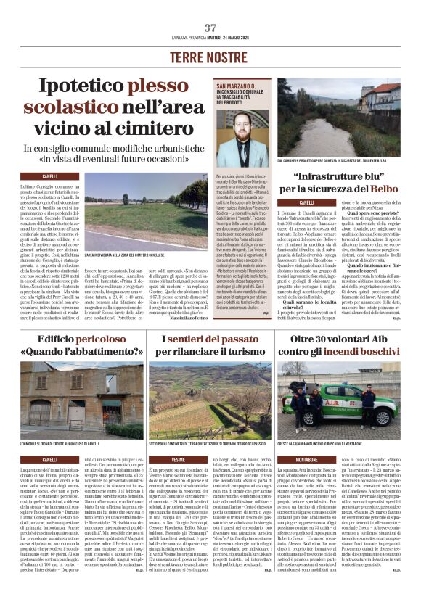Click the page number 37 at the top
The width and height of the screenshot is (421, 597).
tap(210, 28)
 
